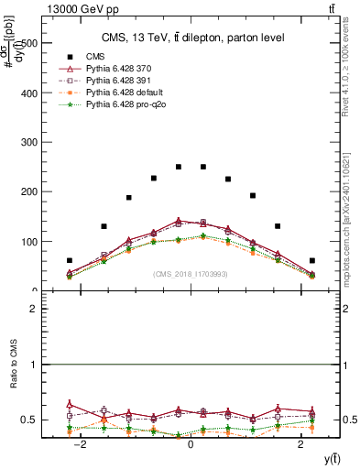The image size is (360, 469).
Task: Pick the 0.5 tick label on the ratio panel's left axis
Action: click(28, 420)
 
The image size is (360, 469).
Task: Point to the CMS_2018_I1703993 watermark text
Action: click(190, 273)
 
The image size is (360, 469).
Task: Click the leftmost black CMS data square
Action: click(70, 260)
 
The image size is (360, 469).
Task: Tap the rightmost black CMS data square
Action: click(311, 260)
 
